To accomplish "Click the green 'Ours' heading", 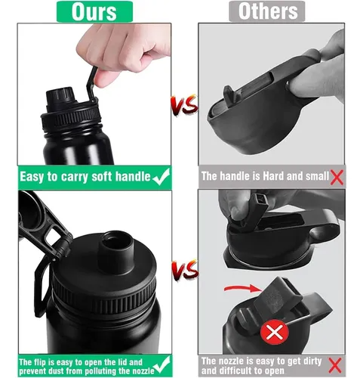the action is (94, 11).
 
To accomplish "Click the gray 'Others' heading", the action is (268, 11).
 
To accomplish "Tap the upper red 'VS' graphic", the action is (184, 106).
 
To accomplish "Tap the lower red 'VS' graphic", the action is (185, 270).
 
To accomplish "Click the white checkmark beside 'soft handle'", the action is (161, 177).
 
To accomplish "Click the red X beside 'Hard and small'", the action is (337, 178).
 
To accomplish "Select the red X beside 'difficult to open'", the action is (336, 365).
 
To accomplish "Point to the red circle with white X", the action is (274, 333).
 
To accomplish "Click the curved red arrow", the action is (242, 288).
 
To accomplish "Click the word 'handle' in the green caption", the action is (133, 177).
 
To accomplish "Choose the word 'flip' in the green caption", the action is (40, 362).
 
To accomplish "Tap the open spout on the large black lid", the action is (116, 251).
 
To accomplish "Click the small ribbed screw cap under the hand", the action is (60, 96).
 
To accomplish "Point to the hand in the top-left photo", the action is (123, 51).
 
